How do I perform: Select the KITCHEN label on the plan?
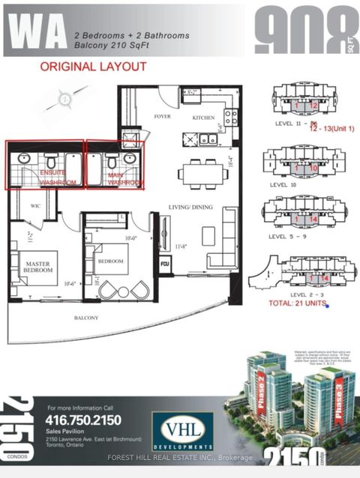coord(203,118)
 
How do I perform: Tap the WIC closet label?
coord(35,205)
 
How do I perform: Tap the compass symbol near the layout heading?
coord(65,97)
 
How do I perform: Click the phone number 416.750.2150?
coord(85,420)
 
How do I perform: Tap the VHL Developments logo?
coord(181,431)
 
